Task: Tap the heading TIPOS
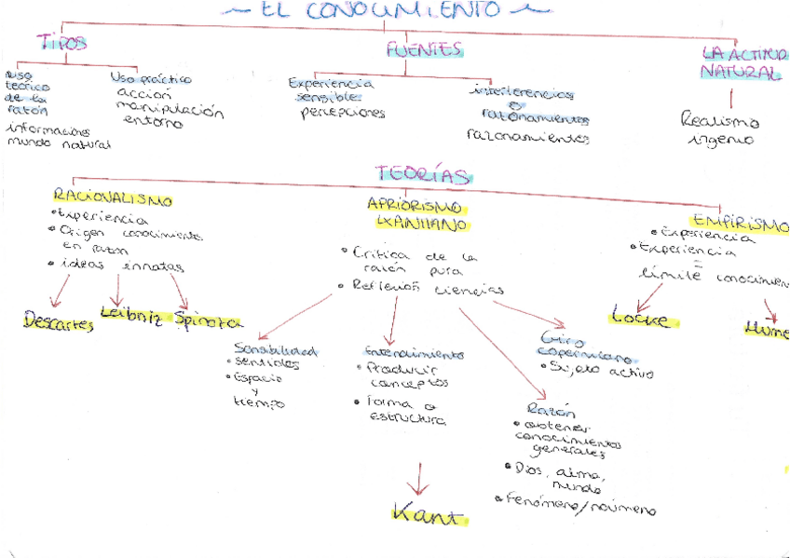(62, 43)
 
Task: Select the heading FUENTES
(425, 49)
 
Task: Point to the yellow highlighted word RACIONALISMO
(112, 198)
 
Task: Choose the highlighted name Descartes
(58, 323)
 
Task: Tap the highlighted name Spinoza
(208, 321)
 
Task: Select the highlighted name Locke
(640, 319)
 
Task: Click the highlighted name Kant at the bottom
(426, 513)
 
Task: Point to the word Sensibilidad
(276, 350)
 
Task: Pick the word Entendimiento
(414, 354)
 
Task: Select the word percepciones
(343, 114)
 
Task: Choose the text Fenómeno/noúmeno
(579, 505)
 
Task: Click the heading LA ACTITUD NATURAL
(742, 62)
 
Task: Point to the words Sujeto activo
(601, 372)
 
